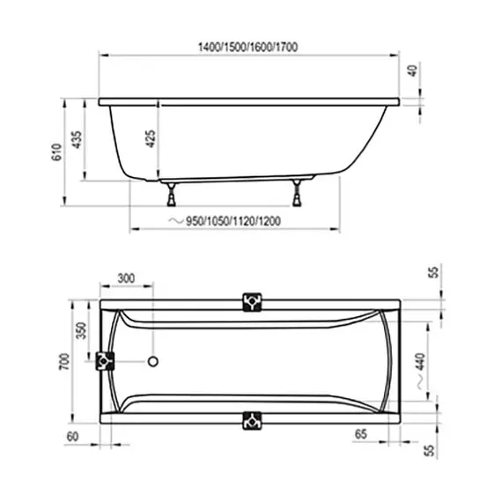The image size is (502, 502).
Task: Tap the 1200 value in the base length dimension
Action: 269,220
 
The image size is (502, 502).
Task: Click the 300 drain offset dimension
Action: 126,278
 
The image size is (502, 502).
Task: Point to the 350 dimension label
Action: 80,332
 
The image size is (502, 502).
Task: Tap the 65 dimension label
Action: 360,434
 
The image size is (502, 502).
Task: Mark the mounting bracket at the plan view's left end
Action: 107,361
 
